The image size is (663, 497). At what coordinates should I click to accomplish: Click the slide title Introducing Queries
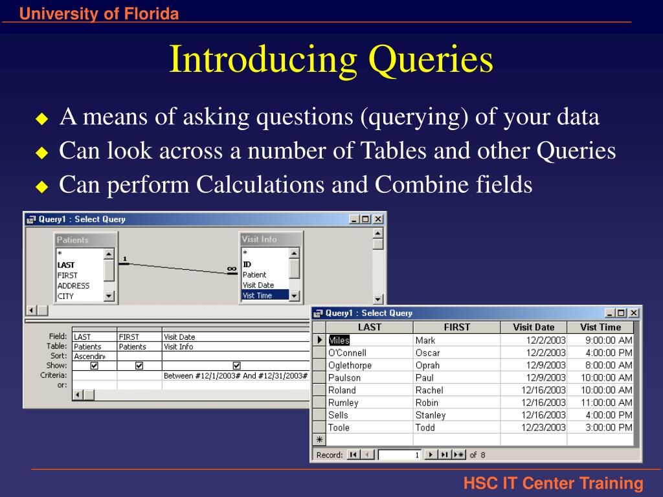331,60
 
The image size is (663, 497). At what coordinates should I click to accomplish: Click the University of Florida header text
98,14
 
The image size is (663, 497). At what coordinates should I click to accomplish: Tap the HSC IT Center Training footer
553,483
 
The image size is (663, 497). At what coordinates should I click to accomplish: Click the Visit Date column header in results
534,327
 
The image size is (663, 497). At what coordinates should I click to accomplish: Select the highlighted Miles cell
339,340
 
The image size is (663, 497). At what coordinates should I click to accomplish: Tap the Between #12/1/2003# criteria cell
235,375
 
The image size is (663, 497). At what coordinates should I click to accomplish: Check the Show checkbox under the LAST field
94,366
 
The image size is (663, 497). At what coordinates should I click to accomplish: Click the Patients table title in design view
73,240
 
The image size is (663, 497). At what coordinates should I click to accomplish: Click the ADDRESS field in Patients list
73,286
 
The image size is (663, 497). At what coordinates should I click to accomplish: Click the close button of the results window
634,313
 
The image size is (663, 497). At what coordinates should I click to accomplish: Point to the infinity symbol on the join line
232,269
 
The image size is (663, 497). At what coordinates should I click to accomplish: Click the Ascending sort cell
93,357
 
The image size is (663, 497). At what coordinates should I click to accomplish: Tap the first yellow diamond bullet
42,119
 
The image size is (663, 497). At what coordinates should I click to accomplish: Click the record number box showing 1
399,455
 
